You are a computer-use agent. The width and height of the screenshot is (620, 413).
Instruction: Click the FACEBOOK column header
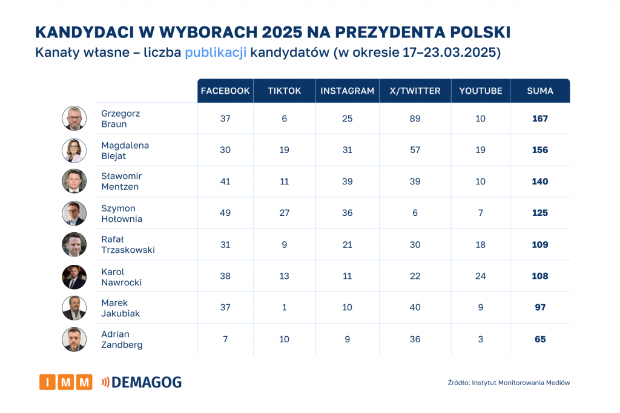click(225, 91)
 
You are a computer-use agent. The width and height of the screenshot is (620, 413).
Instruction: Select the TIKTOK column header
click(285, 91)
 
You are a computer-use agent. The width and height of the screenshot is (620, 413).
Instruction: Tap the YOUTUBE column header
click(481, 91)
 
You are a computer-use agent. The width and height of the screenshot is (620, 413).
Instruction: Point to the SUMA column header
click(540, 91)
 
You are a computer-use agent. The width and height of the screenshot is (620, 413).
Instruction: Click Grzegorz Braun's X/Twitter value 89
click(415, 119)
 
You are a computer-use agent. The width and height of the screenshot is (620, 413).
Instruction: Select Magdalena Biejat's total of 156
click(540, 150)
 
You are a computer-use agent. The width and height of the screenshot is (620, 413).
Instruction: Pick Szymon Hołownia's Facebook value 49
click(225, 213)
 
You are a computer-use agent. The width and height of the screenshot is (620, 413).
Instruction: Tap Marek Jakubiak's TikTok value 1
click(285, 307)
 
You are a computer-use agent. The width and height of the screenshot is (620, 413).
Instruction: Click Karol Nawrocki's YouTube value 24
click(481, 276)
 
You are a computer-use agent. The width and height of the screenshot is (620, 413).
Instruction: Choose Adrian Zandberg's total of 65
click(540, 339)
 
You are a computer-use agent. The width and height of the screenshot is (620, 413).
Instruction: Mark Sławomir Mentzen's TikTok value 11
click(285, 181)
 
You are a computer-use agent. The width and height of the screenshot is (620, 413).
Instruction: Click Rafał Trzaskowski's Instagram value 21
click(347, 244)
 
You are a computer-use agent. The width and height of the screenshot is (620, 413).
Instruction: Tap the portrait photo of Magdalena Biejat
click(74, 150)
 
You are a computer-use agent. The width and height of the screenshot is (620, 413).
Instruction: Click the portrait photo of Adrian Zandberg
click(74, 339)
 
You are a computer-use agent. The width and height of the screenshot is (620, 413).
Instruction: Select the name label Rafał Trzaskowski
click(128, 244)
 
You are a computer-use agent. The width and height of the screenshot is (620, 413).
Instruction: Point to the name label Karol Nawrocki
click(122, 277)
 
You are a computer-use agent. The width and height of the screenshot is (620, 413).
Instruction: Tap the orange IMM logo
click(66, 382)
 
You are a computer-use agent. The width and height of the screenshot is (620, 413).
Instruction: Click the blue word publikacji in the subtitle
click(216, 53)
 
